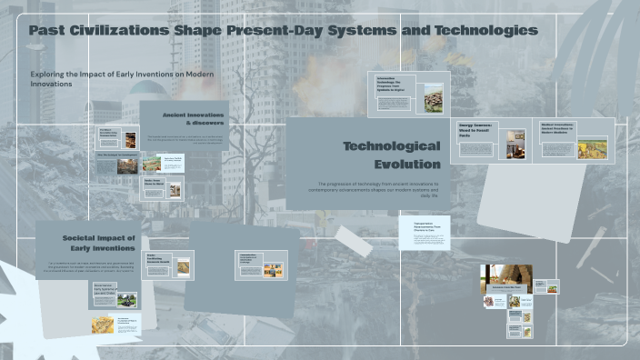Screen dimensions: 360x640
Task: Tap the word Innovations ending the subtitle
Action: click(x=51, y=84)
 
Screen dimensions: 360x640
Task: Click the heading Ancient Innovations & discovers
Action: click(x=193, y=118)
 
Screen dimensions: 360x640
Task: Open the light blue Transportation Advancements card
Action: click(x=424, y=233)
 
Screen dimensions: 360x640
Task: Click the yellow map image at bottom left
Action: click(x=103, y=324)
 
